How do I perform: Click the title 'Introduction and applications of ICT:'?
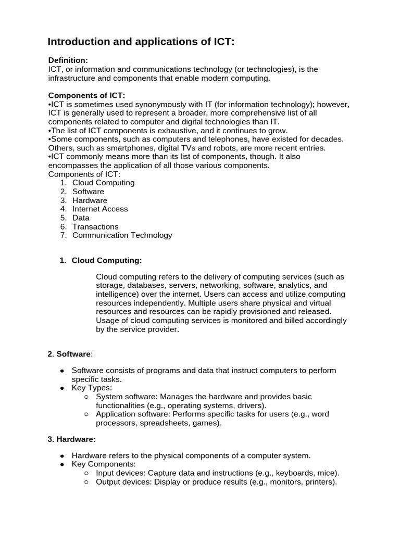(x=141, y=42)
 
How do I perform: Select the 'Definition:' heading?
(x=68, y=60)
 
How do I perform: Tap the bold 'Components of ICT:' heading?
(x=86, y=95)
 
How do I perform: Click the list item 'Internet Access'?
(x=100, y=209)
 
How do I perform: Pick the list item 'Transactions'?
(x=95, y=226)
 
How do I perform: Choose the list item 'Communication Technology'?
(x=122, y=235)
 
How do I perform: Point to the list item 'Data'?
(x=81, y=218)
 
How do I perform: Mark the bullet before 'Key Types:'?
(x=63, y=388)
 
